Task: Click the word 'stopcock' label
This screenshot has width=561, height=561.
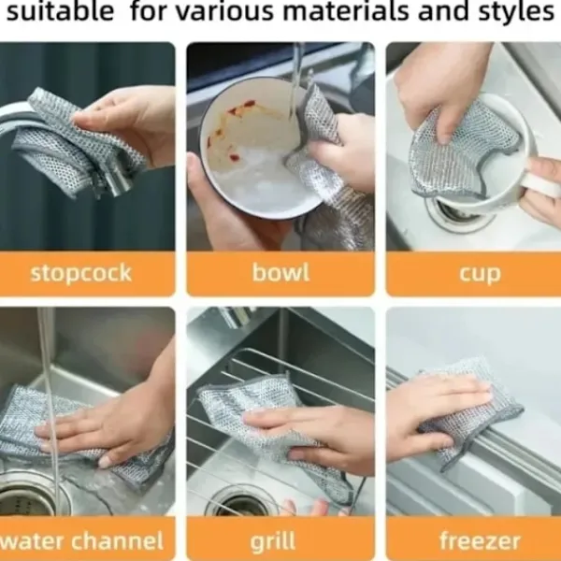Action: (x=81, y=273)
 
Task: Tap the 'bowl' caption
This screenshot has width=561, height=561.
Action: (x=280, y=272)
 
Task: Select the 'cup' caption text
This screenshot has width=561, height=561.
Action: (x=480, y=274)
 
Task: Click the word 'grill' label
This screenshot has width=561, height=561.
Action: (x=273, y=541)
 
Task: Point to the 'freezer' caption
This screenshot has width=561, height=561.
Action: (x=480, y=540)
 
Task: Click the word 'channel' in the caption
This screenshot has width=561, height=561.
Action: (x=118, y=540)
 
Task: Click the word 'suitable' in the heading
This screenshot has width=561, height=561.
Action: (x=60, y=11)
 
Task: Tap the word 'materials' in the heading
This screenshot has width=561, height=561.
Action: (x=346, y=11)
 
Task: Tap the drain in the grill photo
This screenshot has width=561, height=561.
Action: (x=243, y=501)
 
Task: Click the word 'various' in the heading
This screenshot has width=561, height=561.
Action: (x=224, y=11)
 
